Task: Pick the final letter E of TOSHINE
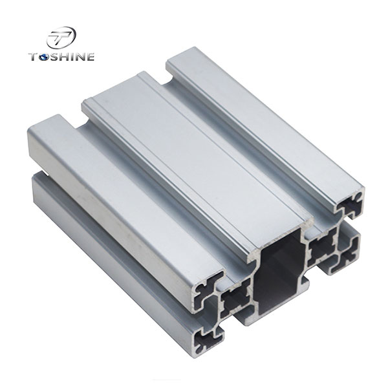(91, 57)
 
